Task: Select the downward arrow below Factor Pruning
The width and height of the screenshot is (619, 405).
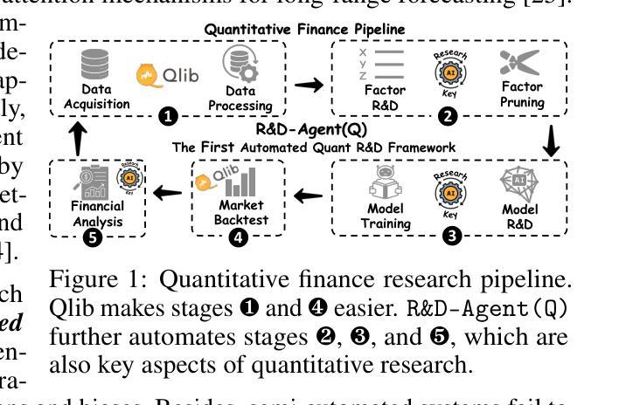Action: [551, 142]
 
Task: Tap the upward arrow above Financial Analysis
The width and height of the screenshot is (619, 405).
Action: [79, 137]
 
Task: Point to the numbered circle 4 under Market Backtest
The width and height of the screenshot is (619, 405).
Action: [239, 237]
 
